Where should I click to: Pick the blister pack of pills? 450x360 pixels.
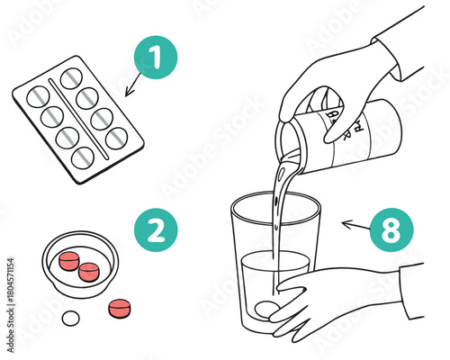pos(78,119)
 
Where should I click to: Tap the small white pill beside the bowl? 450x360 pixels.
pos(69,319)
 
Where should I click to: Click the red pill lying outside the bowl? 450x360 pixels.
pos(118,309)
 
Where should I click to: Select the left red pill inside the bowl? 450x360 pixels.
pos(69,261)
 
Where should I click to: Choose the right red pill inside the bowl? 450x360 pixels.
pos(89,270)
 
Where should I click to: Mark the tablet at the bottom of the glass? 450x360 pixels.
pos(265,309)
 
